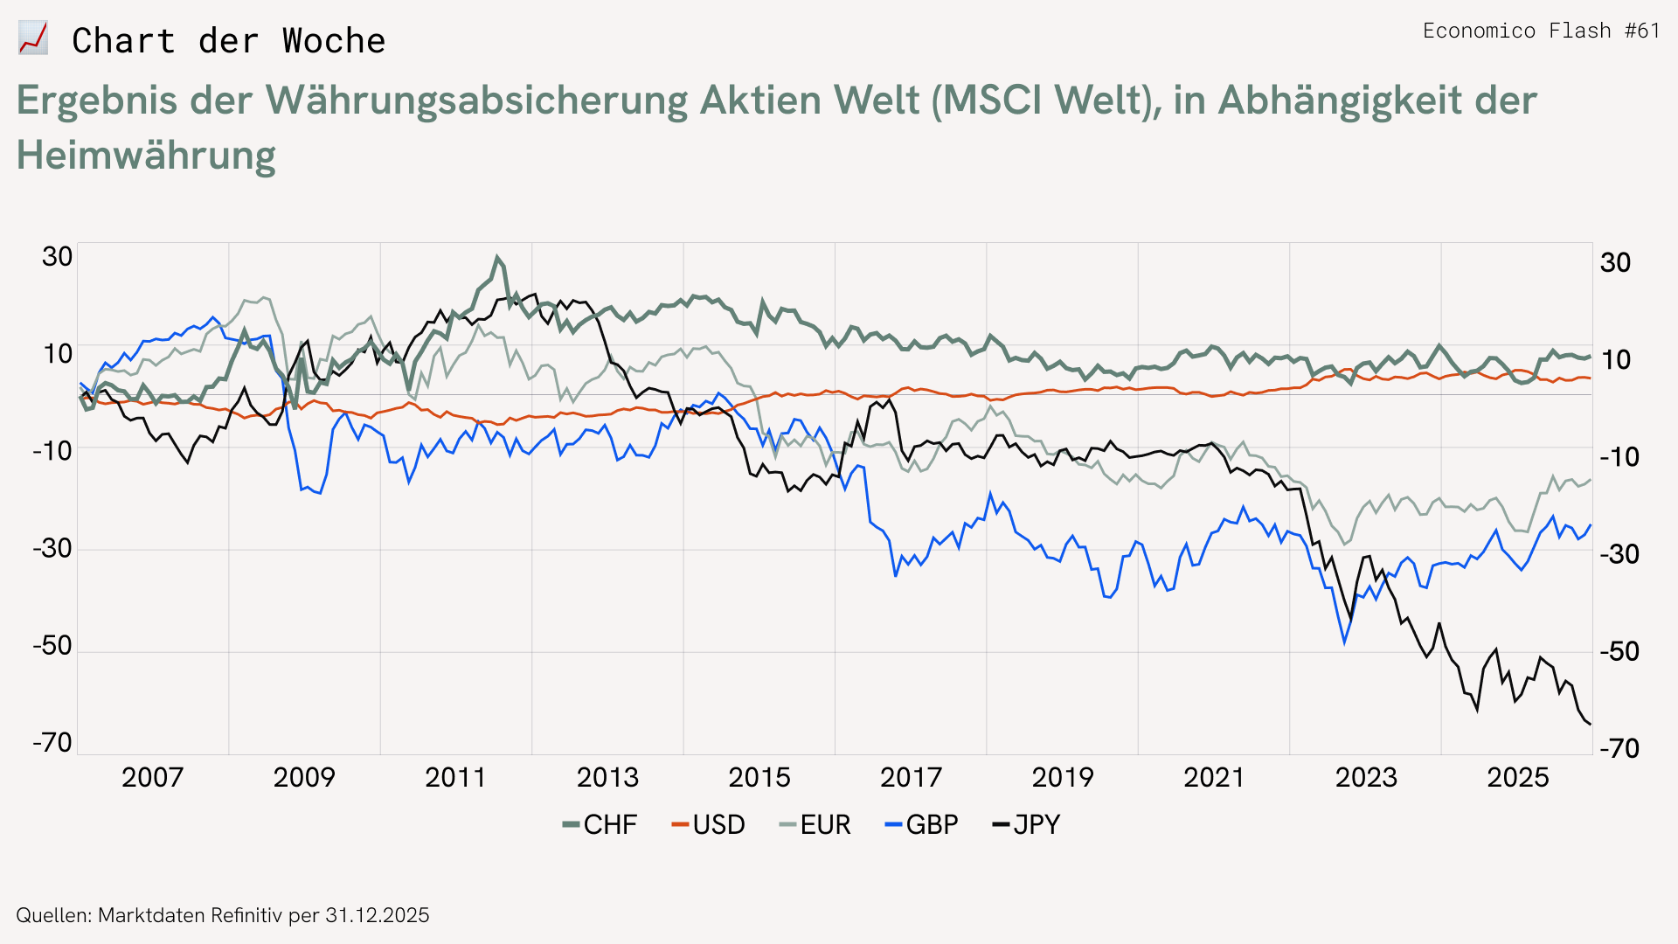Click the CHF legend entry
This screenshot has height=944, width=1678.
pos(600,824)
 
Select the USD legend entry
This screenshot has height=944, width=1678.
pos(709,824)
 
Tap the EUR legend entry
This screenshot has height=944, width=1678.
pos(815,824)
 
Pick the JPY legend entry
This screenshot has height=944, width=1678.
pos(1027,824)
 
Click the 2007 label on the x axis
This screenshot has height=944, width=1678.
pos(152,777)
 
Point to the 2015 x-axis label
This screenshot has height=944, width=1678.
pos(759,777)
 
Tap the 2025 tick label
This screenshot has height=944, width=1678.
pos(1518,777)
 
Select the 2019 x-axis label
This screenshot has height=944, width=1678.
pos(1063,777)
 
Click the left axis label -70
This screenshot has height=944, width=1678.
pos(52,743)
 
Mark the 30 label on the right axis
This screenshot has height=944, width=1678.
pos(1615,262)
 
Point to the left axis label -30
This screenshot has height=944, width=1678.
pos(52,548)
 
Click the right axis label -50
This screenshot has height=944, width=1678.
pos(1619,651)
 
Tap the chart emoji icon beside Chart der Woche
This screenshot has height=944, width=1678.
pos(33,39)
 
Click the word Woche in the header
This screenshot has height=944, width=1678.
pos(333,41)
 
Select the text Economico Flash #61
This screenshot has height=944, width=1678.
pos(1541,31)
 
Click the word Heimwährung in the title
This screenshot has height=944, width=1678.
pos(146,156)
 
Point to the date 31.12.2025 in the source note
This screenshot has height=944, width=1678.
pos(377,915)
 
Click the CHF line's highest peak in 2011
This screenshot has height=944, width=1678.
pos(497,257)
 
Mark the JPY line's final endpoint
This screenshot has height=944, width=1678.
pos(1590,724)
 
